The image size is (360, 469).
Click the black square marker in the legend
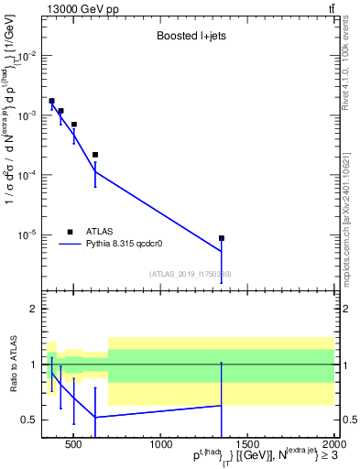coord(70,232)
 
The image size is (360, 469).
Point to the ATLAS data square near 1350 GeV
coord(222,238)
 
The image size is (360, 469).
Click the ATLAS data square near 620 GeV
coord(95,155)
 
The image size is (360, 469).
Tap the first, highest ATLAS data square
coord(51,101)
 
